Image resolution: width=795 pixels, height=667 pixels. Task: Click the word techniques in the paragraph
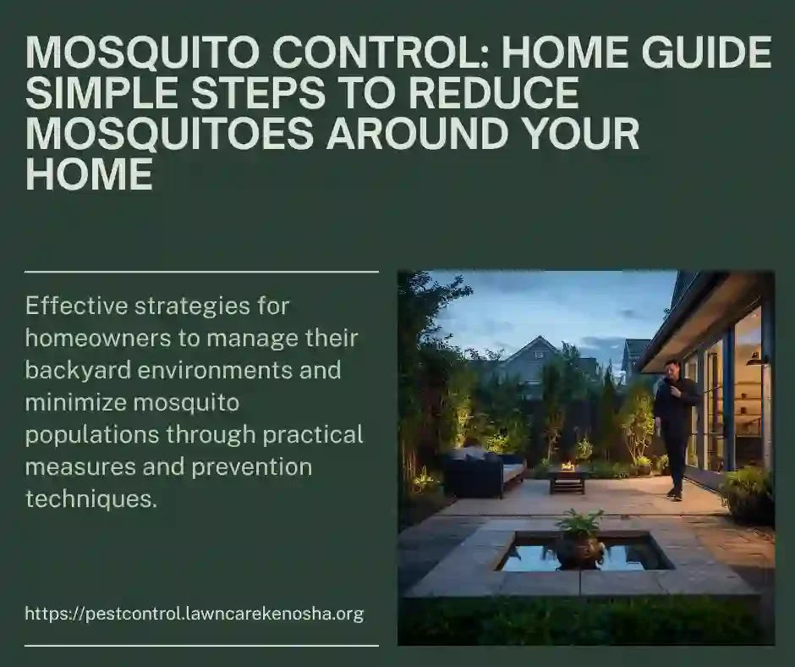point(90,499)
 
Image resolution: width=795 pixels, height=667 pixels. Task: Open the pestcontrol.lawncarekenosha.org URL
point(195,614)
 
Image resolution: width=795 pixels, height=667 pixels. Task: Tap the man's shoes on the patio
point(673,493)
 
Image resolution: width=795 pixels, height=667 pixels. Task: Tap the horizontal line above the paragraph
point(201,273)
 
